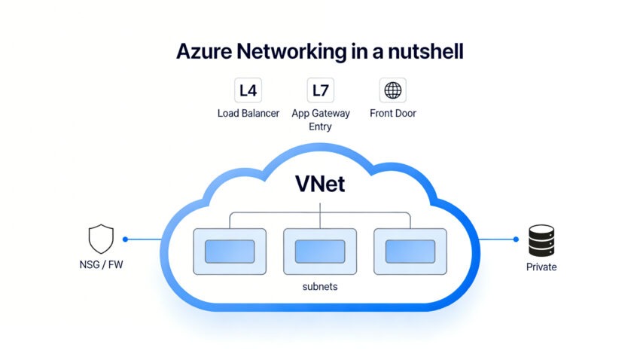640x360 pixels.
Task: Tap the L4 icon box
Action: [x=248, y=91]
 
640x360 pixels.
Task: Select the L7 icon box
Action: [x=320, y=91]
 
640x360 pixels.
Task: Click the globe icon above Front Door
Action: [x=392, y=91]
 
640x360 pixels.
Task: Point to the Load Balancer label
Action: [x=248, y=114]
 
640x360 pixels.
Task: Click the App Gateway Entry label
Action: [x=320, y=120]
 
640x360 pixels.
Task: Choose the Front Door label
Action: [x=392, y=114]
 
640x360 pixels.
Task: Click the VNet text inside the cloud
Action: [x=320, y=183]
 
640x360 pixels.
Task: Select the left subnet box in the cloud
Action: [x=230, y=251]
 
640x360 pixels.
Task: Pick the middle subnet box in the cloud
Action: [x=320, y=251]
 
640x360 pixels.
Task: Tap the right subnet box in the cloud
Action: [x=410, y=251]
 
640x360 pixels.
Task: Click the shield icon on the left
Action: [x=101, y=239]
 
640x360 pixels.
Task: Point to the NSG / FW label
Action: [x=101, y=267]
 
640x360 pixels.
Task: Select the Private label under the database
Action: [x=541, y=267]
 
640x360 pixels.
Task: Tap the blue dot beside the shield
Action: [x=125, y=239]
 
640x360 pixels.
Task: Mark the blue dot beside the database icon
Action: [x=516, y=239]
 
